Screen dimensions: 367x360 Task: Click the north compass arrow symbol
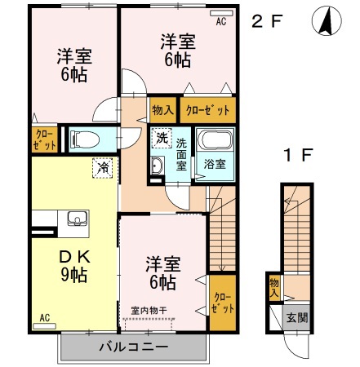[325, 21]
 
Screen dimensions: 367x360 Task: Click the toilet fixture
[85, 139]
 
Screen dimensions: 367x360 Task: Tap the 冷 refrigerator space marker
[104, 166]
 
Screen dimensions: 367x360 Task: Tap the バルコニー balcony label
[133, 347]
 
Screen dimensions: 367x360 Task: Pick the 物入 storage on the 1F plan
[273, 286]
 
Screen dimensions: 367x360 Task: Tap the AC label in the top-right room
[221, 22]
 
